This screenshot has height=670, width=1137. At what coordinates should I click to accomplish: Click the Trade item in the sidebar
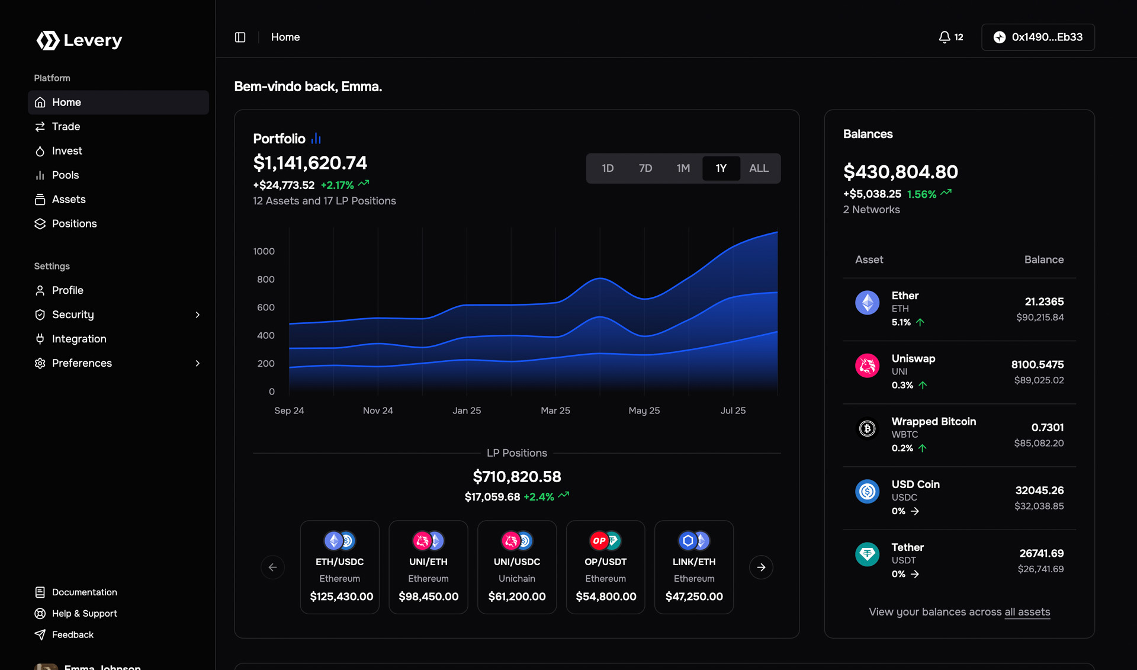[x=66, y=127]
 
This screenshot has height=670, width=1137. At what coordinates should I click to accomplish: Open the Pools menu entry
[x=65, y=175]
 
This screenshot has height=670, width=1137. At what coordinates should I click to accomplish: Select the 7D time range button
[x=645, y=168]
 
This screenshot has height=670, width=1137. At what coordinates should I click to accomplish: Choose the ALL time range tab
[x=759, y=168]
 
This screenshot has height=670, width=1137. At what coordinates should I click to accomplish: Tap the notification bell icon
[x=945, y=37]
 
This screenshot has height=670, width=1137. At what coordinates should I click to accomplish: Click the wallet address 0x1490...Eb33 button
[x=1038, y=37]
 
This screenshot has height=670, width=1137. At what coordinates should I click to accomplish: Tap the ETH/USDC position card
[x=339, y=567]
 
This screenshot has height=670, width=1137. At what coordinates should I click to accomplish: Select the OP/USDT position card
[x=605, y=567]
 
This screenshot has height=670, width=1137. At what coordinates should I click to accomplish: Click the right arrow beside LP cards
[x=761, y=568]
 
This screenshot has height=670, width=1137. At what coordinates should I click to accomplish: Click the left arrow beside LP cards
[x=272, y=568]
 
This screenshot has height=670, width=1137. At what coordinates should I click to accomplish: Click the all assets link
[x=1027, y=612]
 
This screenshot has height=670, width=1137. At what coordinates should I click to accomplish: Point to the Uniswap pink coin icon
[x=867, y=366]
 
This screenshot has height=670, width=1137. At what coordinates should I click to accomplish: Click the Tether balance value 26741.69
[x=1041, y=553]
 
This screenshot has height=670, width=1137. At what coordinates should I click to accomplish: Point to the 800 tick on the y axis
[x=265, y=280]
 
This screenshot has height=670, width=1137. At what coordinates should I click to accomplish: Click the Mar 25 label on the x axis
[x=555, y=411]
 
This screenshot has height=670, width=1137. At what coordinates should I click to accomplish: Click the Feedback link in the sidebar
[x=72, y=635]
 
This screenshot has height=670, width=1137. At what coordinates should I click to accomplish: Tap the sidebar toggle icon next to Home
[x=240, y=37]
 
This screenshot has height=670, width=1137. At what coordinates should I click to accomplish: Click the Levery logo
[x=79, y=40]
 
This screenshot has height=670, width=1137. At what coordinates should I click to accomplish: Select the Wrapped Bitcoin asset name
[x=933, y=421]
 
